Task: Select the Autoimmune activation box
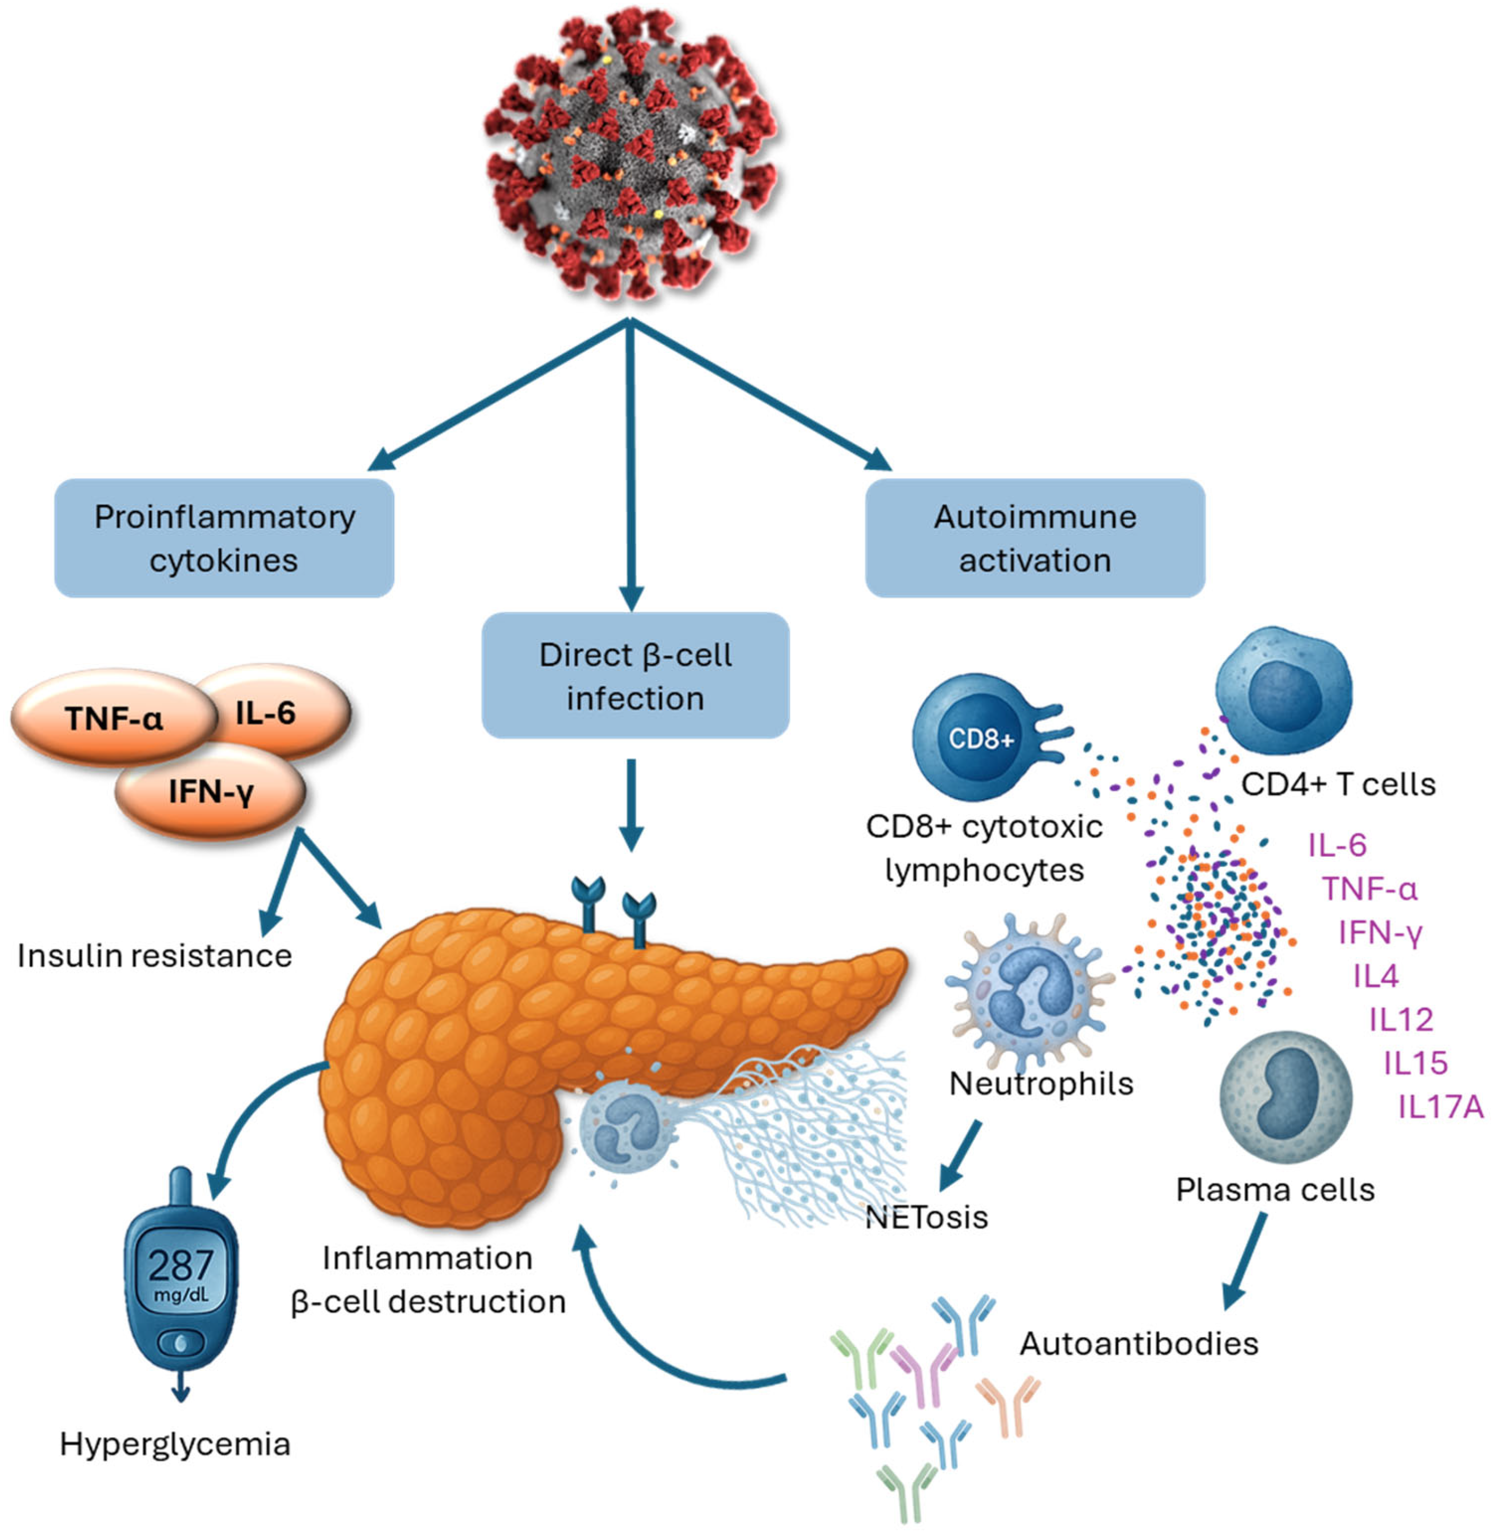point(1035,538)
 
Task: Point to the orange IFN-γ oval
point(210,791)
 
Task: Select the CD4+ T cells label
point(1338,784)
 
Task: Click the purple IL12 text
point(1401,1020)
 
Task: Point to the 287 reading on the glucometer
point(181,1265)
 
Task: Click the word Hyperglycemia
point(175,1444)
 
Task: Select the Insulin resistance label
point(154,956)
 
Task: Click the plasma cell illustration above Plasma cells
point(1285,1098)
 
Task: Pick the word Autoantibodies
point(1139,1343)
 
